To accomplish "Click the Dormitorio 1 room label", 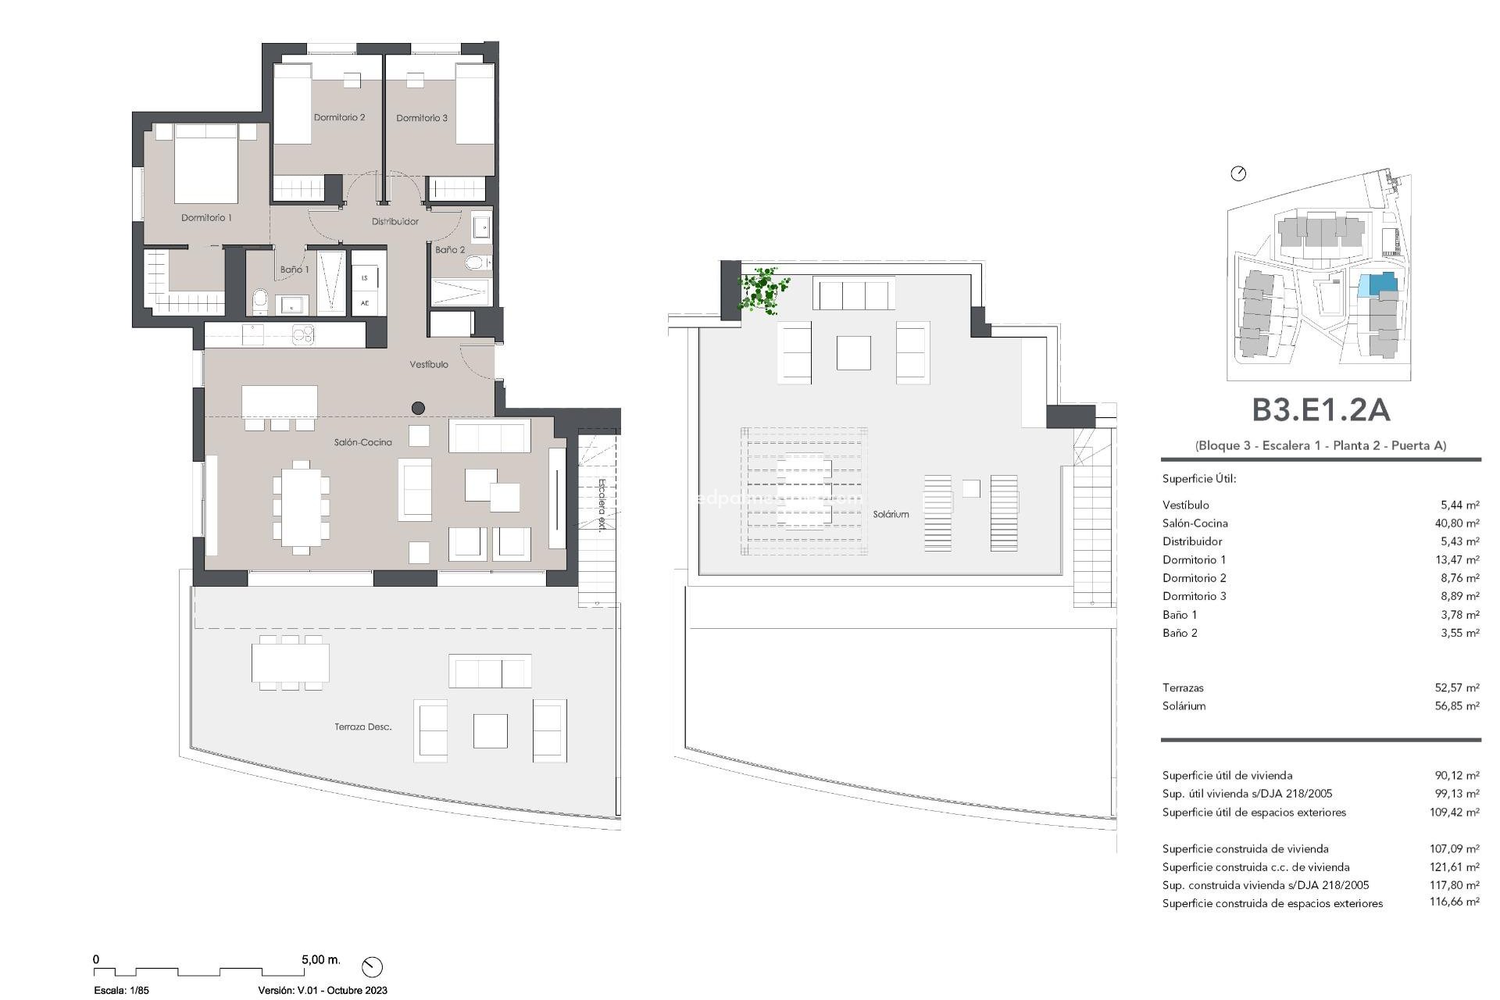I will tap(206, 218).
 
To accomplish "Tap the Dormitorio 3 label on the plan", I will tap(422, 118).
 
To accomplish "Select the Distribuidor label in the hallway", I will tap(395, 222).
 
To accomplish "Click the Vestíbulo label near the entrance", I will tap(429, 365).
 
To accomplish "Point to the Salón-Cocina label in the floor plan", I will tap(363, 442).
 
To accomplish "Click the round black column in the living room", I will tap(418, 408).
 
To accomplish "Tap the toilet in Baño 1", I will tap(260, 300).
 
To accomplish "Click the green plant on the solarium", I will tap(762, 291).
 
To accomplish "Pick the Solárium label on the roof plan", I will tap(891, 514).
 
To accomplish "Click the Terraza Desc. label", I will tap(362, 727).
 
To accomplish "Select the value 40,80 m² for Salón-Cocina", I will tap(1456, 523).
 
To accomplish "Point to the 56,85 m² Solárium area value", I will tap(1456, 706).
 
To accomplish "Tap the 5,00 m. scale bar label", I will tap(320, 959).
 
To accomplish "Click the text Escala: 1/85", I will tap(121, 990).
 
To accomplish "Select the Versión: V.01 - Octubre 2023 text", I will tap(323, 990).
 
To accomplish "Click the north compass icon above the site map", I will tap(1238, 173).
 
